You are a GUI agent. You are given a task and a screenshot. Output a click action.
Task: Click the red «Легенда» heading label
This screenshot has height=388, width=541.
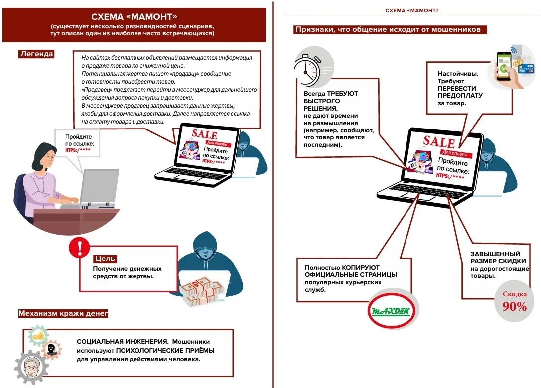tap(36, 54)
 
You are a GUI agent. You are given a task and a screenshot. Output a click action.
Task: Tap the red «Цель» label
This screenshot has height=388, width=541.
tap(105, 259)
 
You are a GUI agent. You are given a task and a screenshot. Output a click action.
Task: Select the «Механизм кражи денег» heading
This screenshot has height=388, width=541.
tap(63, 313)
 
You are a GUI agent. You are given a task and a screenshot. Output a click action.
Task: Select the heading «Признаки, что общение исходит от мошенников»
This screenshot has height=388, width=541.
tap(388, 29)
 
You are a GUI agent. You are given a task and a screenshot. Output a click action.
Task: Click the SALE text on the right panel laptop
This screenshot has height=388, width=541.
tap(439, 141)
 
